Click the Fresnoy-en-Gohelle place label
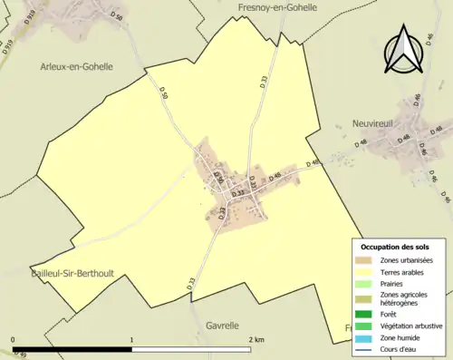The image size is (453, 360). point(277,7)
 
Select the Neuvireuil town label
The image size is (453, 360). point(380,122)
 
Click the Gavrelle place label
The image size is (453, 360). point(222,325)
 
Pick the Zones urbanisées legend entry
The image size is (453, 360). point(406,261)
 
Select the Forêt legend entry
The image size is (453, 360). point(390,315)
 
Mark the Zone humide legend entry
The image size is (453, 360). point(400,336)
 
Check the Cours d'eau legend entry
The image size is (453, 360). point(399,347)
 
